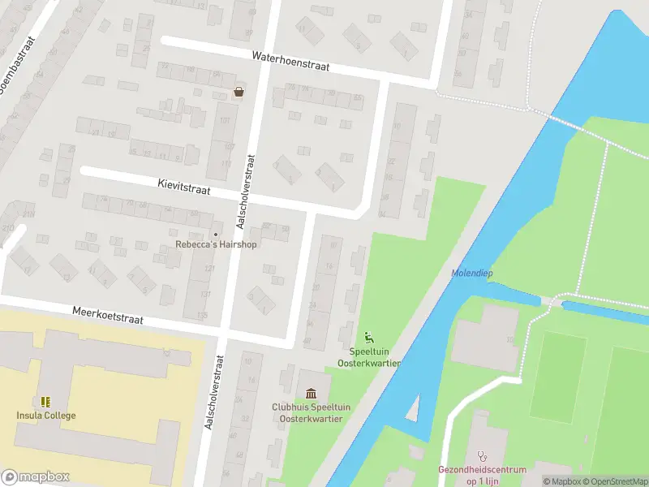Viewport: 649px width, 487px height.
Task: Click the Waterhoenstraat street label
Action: point(290,62)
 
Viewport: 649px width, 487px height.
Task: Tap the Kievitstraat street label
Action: point(184,187)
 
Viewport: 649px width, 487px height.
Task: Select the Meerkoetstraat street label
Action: point(108,315)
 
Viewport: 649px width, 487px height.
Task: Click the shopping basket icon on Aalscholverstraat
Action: point(239,92)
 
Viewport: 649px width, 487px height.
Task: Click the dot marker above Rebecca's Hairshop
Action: point(216,235)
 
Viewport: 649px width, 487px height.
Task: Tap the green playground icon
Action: point(369,338)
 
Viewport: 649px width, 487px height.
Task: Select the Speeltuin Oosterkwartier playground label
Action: point(375,357)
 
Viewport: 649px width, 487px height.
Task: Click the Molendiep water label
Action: point(472,274)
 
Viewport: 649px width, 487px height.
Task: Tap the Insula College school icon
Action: point(45,402)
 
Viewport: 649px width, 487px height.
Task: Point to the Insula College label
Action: point(46,416)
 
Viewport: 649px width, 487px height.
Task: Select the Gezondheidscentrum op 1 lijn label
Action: point(482,474)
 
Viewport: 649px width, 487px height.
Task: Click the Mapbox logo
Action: point(35,477)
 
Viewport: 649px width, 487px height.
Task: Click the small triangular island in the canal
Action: point(413,408)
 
